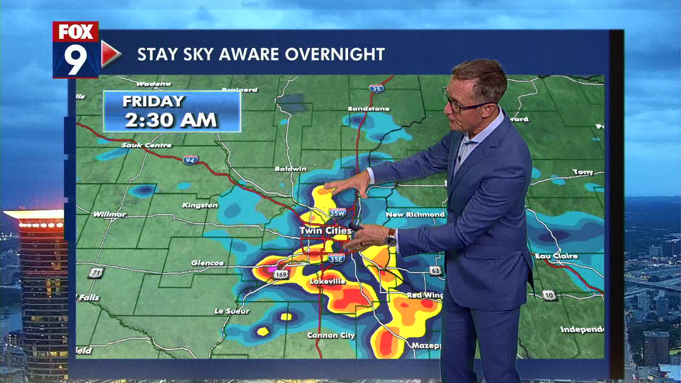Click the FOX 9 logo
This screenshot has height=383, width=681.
pos(76,50)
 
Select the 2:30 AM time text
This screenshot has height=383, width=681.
pos(171,120)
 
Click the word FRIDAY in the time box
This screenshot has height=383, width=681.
pos(153,101)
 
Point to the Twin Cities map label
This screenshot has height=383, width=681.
pos(326,231)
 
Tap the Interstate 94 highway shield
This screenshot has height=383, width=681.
pos(190,159)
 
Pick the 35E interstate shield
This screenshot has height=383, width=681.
pos(336,259)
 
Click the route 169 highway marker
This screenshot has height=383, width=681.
pos(282,274)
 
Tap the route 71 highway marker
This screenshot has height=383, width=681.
pos(96,273)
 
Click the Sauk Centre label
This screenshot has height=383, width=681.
pos(146,145)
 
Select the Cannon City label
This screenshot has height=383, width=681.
pos(331,336)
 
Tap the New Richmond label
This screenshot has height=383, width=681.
pos(415,214)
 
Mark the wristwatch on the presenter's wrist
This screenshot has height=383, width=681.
pos(392,237)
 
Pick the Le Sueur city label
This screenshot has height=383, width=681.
pos(231,311)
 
